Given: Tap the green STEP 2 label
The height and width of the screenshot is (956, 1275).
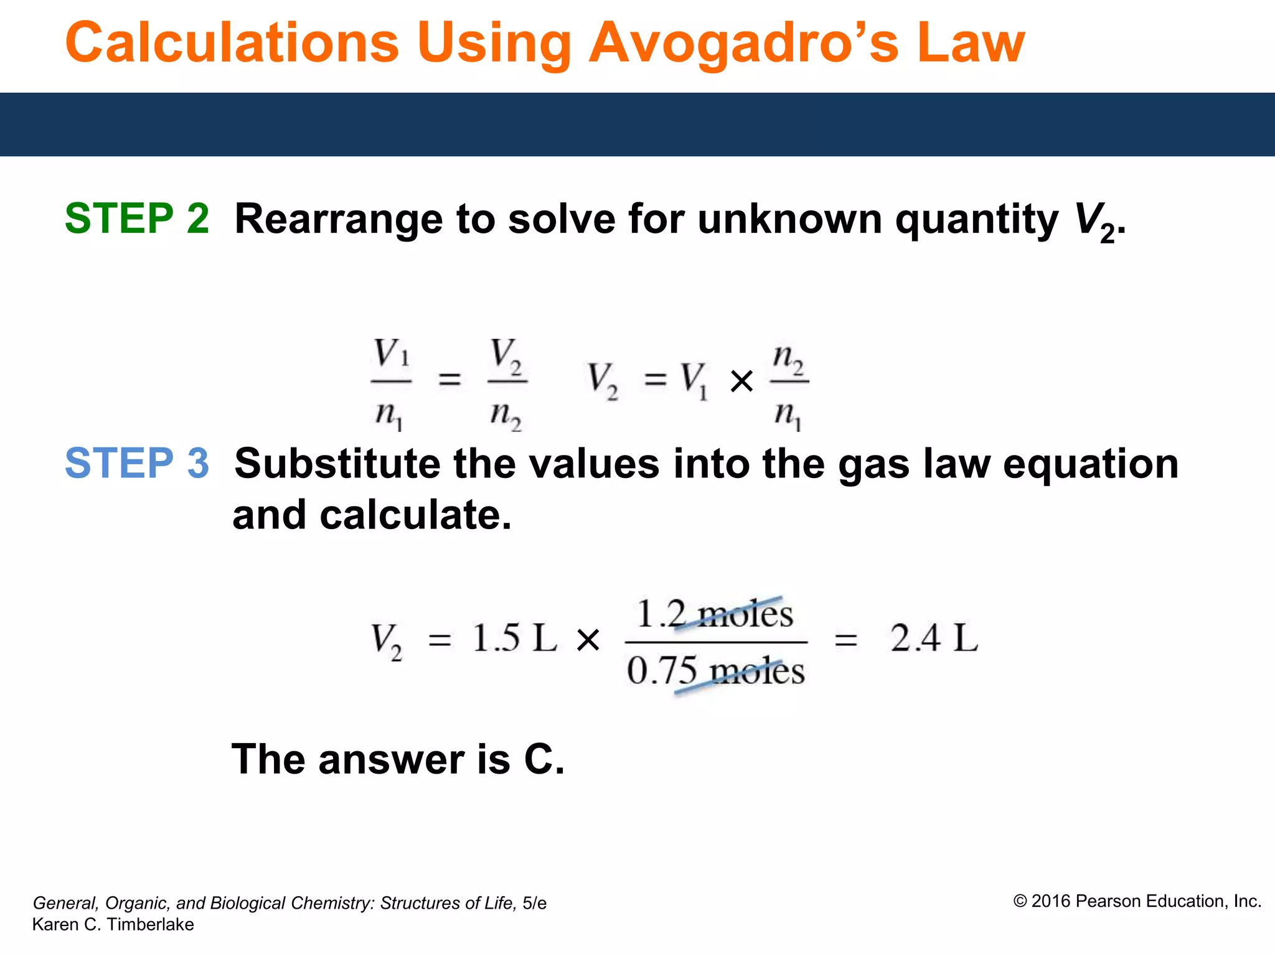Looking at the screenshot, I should pos(137,218).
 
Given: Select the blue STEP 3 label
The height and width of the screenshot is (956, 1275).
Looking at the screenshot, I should pos(137,464).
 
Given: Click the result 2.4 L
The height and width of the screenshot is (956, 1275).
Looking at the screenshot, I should pos(934,639).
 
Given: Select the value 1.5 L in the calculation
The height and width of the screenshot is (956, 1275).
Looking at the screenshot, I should pos(514,639).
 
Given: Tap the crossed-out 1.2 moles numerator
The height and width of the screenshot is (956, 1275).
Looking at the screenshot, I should pos(715,614).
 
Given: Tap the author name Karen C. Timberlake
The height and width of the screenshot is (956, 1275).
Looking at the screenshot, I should pos(113,924).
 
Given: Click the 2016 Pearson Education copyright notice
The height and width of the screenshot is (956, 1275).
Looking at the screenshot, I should pos(1137,901).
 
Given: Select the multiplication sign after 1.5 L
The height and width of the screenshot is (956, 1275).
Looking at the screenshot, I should pos(588,640).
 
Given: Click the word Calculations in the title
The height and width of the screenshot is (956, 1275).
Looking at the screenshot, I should pos(232,44).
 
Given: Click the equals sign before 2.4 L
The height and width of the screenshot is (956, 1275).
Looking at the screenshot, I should pos(845,640).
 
